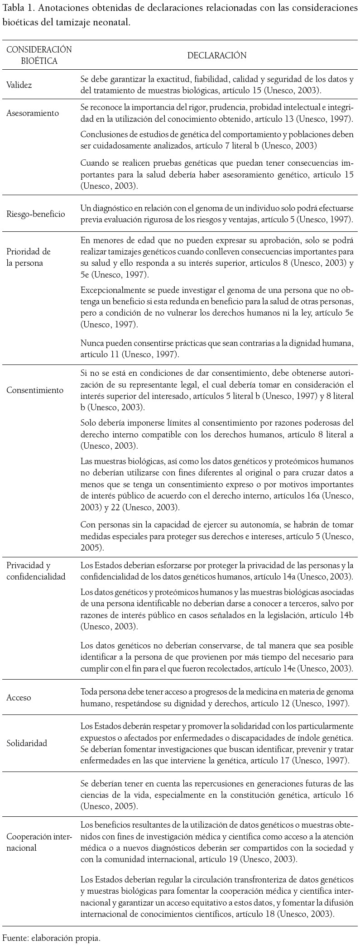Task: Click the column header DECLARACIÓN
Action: coord(217,55)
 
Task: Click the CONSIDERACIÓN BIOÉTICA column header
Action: coord(39,55)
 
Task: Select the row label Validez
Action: coord(19,85)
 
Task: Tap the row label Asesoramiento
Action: coord(33,113)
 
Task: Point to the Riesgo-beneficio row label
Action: coord(36,214)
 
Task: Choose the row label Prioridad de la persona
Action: coord(28,257)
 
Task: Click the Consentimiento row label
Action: coord(35,390)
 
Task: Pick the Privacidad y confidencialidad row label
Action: coord(36,571)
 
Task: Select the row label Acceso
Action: coord(19,697)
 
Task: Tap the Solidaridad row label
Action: coord(27,743)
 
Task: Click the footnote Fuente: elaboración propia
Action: coord(51,938)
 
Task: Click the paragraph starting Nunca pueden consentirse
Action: coord(216,349)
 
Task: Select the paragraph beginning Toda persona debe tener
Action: coord(216,697)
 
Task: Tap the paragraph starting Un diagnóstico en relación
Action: coord(216,214)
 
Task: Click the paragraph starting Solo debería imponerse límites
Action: coord(216,434)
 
